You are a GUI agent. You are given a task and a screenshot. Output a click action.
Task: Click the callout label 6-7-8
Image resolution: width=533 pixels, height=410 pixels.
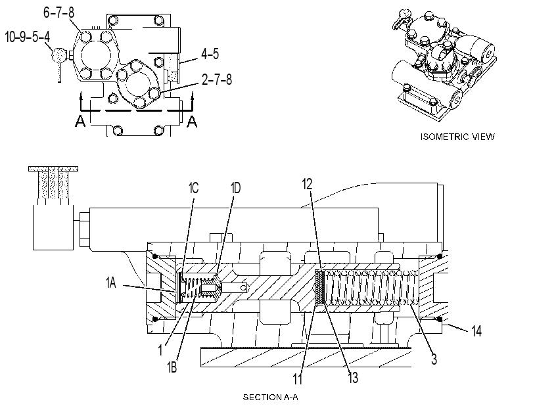tap(58, 12)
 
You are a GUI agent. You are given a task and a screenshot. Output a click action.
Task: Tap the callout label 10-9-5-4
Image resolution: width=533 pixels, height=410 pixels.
tap(28, 36)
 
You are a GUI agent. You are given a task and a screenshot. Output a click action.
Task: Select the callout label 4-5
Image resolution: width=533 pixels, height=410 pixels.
tap(210, 54)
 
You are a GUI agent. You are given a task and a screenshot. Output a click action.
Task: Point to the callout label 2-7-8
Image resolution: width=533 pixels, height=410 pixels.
tap(216, 80)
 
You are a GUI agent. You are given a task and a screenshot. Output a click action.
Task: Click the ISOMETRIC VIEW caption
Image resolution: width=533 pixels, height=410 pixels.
tap(457, 137)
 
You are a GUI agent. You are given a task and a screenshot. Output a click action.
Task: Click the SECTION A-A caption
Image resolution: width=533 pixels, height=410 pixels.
tap(270, 397)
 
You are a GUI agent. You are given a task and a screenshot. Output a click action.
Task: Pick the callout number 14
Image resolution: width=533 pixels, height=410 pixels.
tap(476, 330)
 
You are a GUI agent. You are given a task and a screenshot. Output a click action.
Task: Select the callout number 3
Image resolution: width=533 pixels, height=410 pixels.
tap(434, 359)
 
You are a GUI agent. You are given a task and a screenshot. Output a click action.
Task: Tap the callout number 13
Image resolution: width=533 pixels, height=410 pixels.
tap(353, 377)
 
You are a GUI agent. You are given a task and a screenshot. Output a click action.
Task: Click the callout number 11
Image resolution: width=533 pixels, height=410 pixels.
tap(298, 379)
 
